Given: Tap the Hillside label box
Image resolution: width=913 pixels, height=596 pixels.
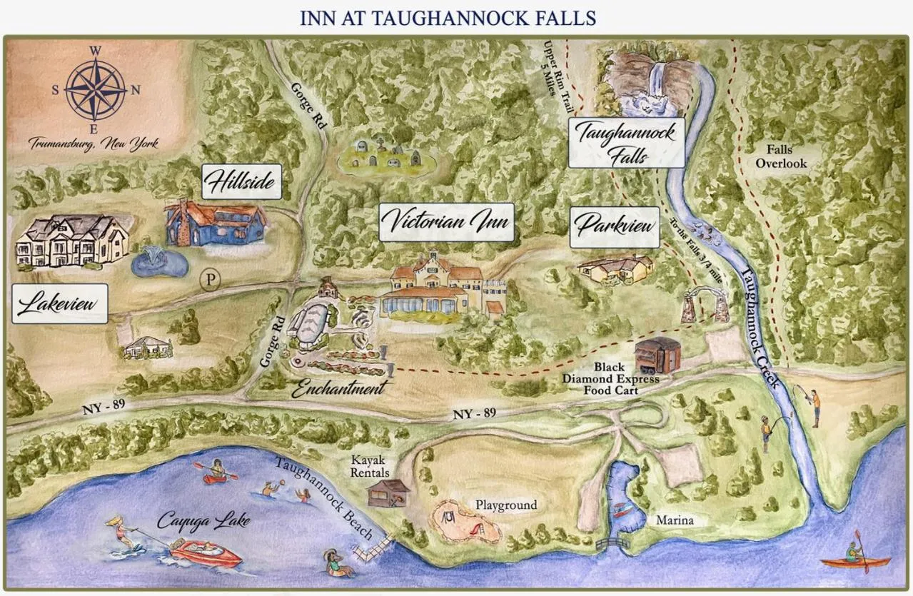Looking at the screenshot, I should [x=241, y=182].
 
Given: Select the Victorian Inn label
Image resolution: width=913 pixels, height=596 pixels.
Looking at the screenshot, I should [x=447, y=222].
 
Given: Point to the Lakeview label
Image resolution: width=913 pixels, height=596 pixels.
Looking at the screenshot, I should [x=61, y=304].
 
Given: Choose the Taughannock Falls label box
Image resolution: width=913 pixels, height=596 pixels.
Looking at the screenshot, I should [x=626, y=143].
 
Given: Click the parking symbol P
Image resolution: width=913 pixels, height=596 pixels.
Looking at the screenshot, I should [x=209, y=279].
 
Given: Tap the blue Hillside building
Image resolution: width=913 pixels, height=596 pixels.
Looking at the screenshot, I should [x=216, y=223].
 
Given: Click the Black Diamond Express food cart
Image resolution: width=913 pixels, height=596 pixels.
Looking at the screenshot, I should [x=655, y=355].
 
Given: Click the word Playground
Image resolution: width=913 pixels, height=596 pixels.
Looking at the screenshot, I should [x=506, y=505].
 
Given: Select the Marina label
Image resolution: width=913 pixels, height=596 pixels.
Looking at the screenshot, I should [x=675, y=520].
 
